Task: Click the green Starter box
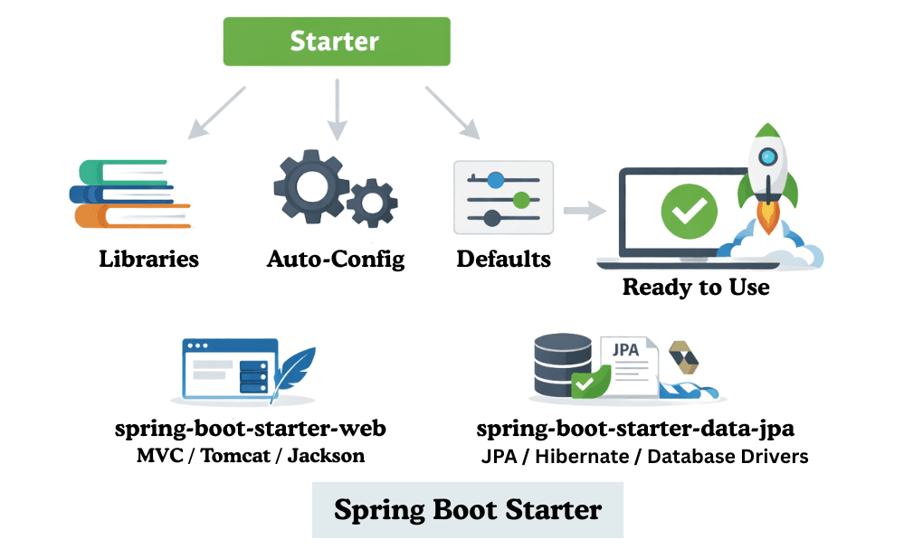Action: pos(336,42)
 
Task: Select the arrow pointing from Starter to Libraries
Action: pos(216,113)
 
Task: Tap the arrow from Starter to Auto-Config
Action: pos(337,110)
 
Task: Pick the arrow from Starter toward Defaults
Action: pos(452,113)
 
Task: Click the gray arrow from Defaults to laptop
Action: pos(585,211)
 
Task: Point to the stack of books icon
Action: pos(129,193)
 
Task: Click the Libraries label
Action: pos(148,260)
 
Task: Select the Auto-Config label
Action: pos(336,260)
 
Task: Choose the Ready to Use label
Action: pos(696,288)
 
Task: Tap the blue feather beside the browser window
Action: pos(293,371)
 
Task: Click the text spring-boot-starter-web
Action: pos(251,428)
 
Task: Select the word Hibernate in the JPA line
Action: pos(590,456)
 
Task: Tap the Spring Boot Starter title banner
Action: pos(467,509)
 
